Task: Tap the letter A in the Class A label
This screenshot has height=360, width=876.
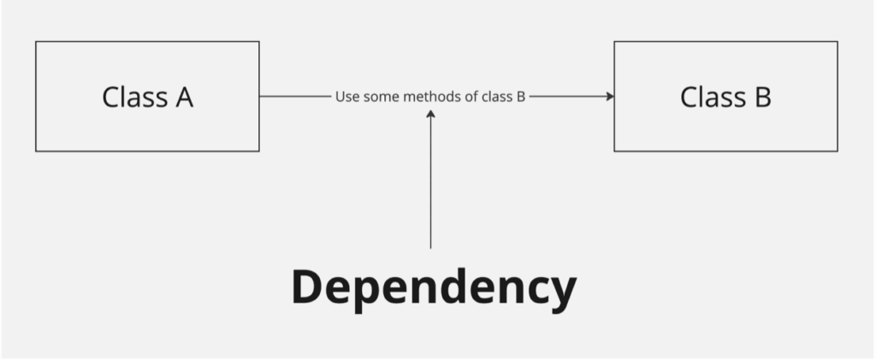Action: [184, 97]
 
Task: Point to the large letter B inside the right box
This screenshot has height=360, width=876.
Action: [761, 97]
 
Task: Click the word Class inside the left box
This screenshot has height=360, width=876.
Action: [134, 97]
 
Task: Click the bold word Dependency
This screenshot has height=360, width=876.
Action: [434, 288]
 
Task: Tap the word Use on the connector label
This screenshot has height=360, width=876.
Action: [346, 97]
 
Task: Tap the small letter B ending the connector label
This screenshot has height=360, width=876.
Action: [521, 97]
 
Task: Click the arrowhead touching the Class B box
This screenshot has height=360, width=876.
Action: [610, 97]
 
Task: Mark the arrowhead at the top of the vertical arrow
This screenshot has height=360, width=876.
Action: [430, 114]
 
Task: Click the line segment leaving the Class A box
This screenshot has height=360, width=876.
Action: [295, 97]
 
